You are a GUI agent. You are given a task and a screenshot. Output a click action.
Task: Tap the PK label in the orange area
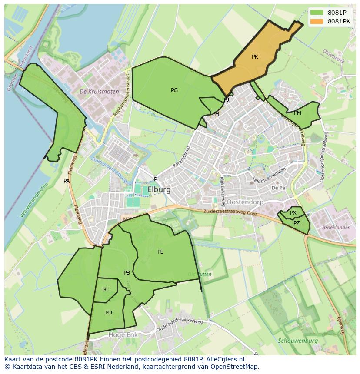click(x=255, y=57)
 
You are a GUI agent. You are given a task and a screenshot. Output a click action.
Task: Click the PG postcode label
click(x=174, y=90)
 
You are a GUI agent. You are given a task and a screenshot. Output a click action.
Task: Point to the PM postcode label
click(x=297, y=113)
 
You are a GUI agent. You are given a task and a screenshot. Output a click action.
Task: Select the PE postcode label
click(x=160, y=252)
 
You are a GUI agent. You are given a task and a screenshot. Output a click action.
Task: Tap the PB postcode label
click(x=127, y=273)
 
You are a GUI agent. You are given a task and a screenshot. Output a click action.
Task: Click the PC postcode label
click(x=106, y=290)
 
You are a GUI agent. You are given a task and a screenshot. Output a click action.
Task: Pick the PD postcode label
click(x=109, y=313)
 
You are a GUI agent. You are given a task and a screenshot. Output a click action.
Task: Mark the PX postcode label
click(x=293, y=213)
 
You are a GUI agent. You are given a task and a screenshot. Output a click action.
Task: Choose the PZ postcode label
click(x=297, y=223)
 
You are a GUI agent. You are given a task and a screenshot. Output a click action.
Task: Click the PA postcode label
click(x=67, y=181)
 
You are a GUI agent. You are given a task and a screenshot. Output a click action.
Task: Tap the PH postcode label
click(x=215, y=114)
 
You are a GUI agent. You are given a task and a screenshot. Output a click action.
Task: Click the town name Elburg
click(x=159, y=190)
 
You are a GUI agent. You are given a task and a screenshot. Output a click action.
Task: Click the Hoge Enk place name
click(x=122, y=335)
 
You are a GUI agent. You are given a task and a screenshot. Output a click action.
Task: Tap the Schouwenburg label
click(x=298, y=341)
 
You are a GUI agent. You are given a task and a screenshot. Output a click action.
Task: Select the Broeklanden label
click(x=336, y=228)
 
